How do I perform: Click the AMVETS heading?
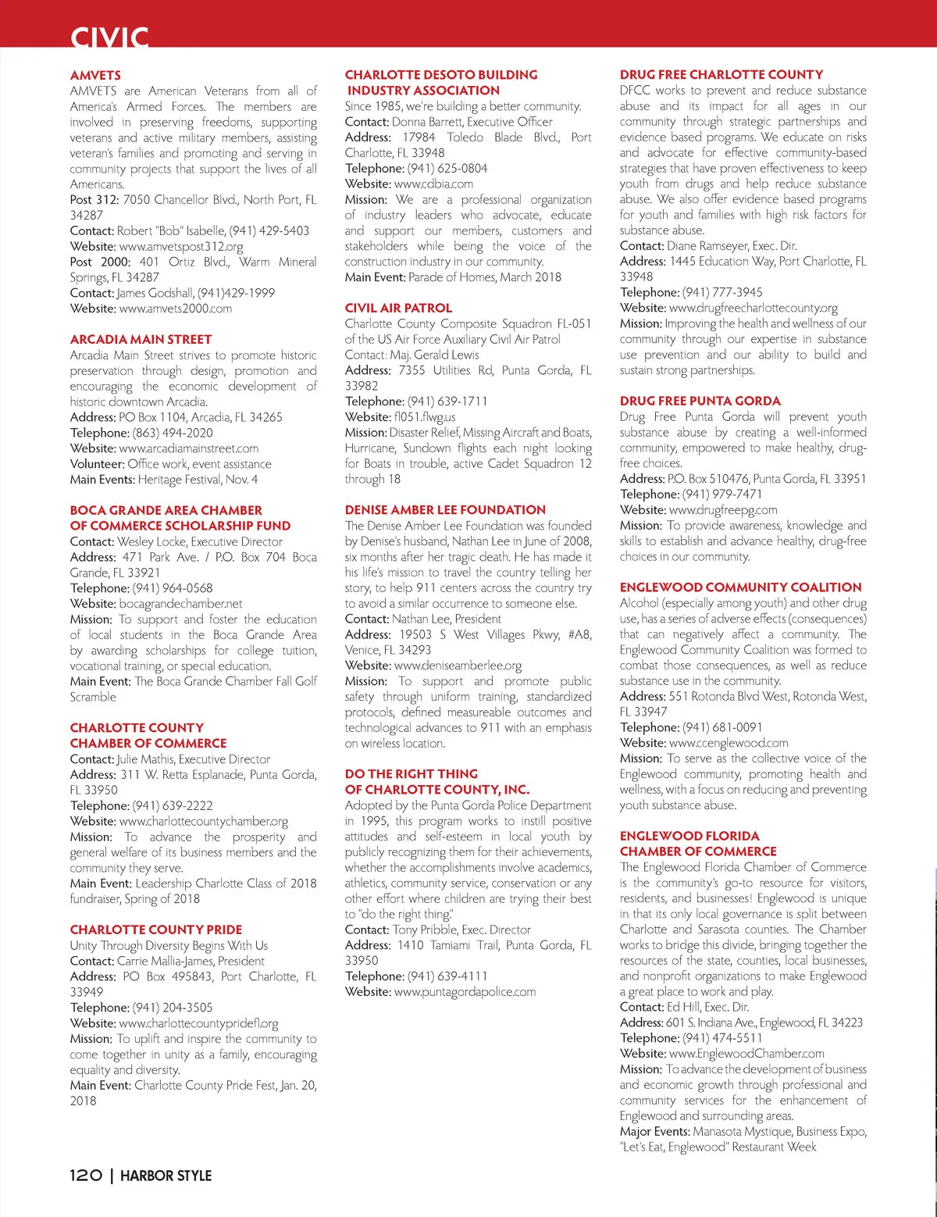tap(95, 75)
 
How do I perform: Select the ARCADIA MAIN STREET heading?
tap(141, 339)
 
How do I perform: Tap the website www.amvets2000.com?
tap(176, 309)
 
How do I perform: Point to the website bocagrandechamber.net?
tap(180, 604)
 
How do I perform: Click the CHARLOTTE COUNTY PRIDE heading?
tap(156, 930)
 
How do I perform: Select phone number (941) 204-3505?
tap(172, 1008)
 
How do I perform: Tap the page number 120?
tap(86, 1176)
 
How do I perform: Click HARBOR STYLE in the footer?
tap(166, 1176)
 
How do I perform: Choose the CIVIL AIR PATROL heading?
tap(398, 308)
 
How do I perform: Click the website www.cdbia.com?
tap(433, 184)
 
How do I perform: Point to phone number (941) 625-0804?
tap(447, 168)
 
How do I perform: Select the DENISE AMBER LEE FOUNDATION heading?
tap(445, 509)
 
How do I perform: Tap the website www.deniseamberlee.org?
tap(458, 666)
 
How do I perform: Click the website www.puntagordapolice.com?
tap(465, 992)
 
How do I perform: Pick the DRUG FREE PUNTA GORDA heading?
tap(700, 401)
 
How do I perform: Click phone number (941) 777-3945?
tap(722, 292)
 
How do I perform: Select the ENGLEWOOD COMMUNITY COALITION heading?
tap(740, 587)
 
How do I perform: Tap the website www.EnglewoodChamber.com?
tap(746, 1054)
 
